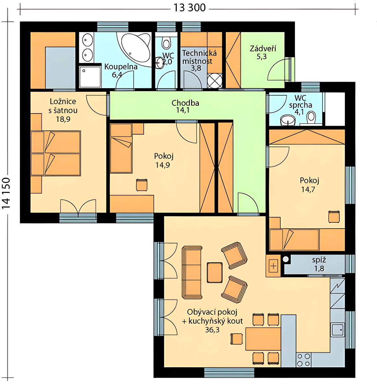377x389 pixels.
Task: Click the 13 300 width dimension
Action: pyautogui.click(x=189, y=8)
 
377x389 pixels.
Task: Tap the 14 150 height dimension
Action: pyautogui.click(x=6, y=194)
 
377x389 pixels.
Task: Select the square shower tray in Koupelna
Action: pyautogui.click(x=90, y=77)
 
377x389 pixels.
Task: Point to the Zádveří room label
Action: pyautogui.click(x=263, y=49)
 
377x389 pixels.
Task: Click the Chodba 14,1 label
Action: pyautogui.click(x=185, y=106)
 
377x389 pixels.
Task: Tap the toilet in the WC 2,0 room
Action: pyautogui.click(x=166, y=43)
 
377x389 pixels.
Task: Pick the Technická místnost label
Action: pyautogui.click(x=199, y=57)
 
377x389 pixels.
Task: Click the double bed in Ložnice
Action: pyautogui.click(x=55, y=153)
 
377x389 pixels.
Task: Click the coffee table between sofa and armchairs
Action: pyautogui.click(x=214, y=272)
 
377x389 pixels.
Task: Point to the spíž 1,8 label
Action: pyautogui.click(x=319, y=264)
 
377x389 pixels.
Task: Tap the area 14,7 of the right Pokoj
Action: pyautogui.click(x=308, y=189)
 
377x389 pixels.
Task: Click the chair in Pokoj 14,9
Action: pyautogui.click(x=142, y=185)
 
